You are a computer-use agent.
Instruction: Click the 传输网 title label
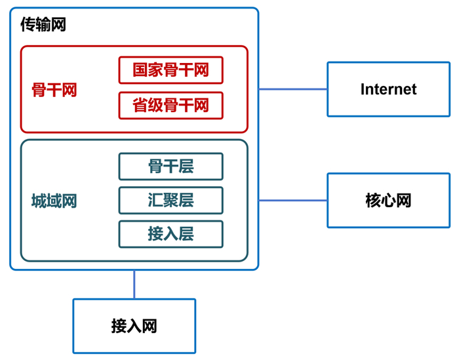(43, 26)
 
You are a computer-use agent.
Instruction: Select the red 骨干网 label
(54, 90)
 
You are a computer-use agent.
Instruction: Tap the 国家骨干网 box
(170, 70)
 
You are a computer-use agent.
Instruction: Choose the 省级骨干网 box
(170, 106)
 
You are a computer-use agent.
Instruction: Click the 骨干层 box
(170, 167)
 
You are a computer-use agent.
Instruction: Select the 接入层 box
(170, 234)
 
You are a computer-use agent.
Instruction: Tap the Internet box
(388, 89)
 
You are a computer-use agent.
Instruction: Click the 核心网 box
(388, 200)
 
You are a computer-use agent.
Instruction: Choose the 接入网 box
(134, 326)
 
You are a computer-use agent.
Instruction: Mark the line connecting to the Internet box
(292, 89)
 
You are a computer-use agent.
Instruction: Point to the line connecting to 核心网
(292, 200)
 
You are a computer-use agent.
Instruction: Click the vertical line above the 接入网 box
(134, 284)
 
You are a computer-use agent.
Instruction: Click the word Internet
(388, 89)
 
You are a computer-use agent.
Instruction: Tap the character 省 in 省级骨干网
(140, 106)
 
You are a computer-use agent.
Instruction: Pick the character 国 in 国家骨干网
(140, 70)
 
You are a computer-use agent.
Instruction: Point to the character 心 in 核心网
(388, 200)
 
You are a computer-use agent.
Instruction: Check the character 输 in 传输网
(43, 26)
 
